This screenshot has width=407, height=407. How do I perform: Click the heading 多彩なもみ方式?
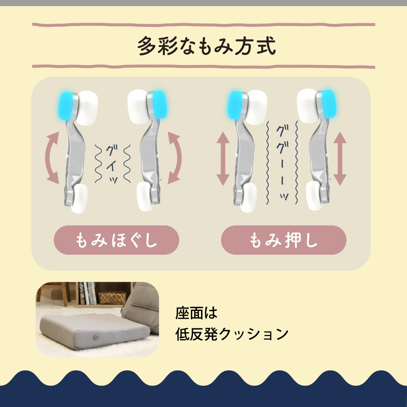pyautogui.click(x=206, y=46)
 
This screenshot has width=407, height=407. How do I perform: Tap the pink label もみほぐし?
pyautogui.click(x=116, y=240)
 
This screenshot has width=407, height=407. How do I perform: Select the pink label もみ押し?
pyautogui.click(x=284, y=240)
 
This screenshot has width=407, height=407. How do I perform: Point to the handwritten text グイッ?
pyautogui.click(x=112, y=164)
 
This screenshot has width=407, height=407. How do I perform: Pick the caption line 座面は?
pyautogui.click(x=196, y=313)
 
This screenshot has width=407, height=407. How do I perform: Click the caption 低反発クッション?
pyautogui.click(x=232, y=334)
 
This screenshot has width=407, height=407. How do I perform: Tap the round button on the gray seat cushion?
pyautogui.click(x=96, y=337)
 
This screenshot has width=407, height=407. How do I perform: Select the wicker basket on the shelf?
pyautogui.click(x=112, y=298)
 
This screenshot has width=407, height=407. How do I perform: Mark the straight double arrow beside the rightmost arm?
pyautogui.click(x=340, y=159)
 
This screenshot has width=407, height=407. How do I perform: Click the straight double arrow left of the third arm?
pyautogui.click(x=223, y=159)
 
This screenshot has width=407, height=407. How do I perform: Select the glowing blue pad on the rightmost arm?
pyautogui.click(x=328, y=104)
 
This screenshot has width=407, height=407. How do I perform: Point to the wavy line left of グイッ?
pyautogui.click(x=98, y=164)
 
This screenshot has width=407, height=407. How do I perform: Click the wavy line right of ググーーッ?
pyautogui.click(x=296, y=162)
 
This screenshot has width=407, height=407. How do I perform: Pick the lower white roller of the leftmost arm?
pyautogui.click(x=79, y=199)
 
